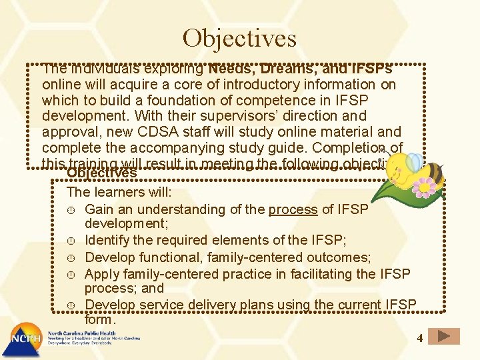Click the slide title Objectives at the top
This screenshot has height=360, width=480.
pos(239,38)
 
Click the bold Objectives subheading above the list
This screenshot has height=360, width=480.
pos(101,173)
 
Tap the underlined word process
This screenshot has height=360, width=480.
pos(293,209)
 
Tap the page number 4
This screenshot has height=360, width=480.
pos(420,338)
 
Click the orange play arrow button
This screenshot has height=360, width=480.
pos(444,337)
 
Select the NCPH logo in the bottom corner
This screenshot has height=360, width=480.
pos(23,340)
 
